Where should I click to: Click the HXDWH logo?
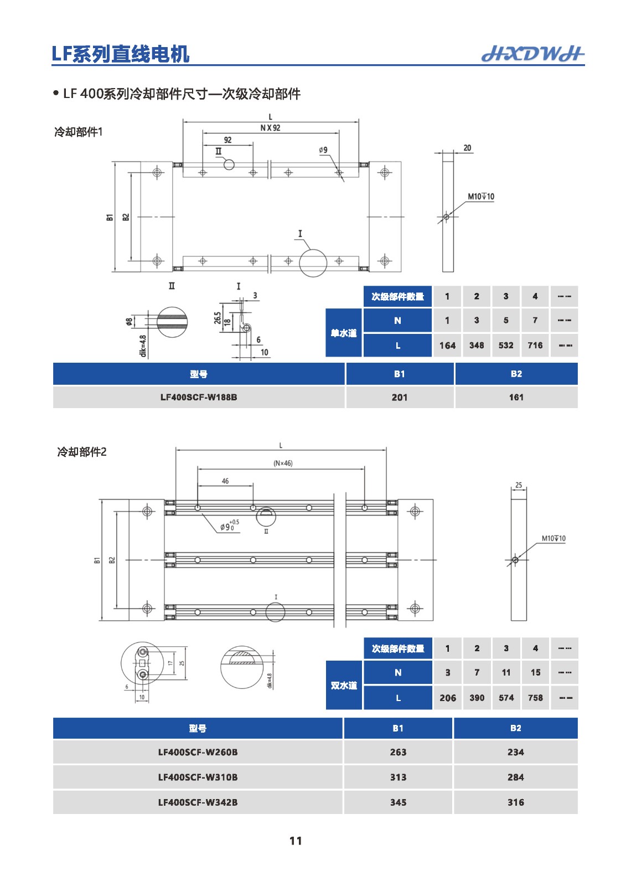tap(532, 53)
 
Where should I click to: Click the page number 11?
tap(296, 841)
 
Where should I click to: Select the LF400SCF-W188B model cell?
tap(198, 397)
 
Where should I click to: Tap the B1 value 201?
tap(399, 397)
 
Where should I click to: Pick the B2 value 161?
tap(516, 397)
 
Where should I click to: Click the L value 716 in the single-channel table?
tap(535, 345)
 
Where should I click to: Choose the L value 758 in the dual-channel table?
tap(535, 698)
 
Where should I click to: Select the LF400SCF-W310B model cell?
tap(198, 777)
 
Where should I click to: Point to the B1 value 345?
tap(398, 802)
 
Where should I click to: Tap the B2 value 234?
tap(515, 752)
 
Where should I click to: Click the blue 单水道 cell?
tap(344, 333)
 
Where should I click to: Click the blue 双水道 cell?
tap(344, 686)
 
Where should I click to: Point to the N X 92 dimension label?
tap(270, 128)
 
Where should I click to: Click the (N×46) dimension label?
tap(283, 463)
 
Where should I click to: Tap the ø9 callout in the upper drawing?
tap(323, 150)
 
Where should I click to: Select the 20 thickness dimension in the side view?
tap(467, 148)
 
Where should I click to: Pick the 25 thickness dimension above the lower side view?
tap(519, 485)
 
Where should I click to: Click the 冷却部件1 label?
tap(78, 132)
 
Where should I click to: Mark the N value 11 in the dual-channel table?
tap(506, 672)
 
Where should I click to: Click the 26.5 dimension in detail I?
tap(218, 318)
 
